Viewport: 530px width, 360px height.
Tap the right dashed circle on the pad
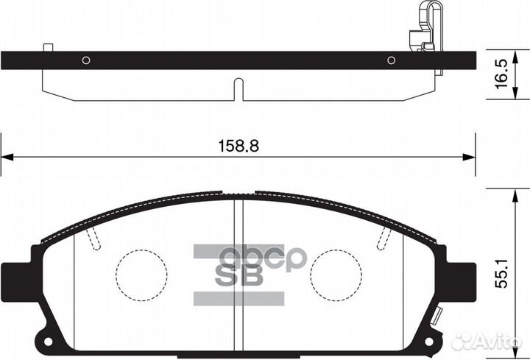point(336,272)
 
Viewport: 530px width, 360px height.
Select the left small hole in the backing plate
point(86,60)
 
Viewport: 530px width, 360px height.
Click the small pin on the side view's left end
point(49,47)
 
